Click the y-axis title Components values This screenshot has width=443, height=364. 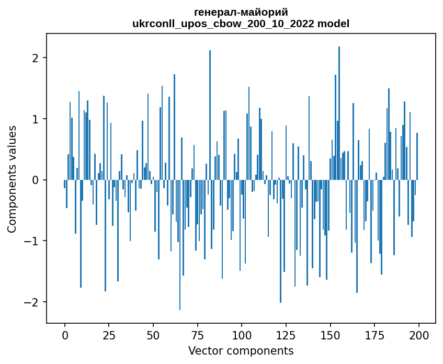click(12, 179)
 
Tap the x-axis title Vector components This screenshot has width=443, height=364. click(241, 350)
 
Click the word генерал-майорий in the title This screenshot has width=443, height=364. click(241, 12)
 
